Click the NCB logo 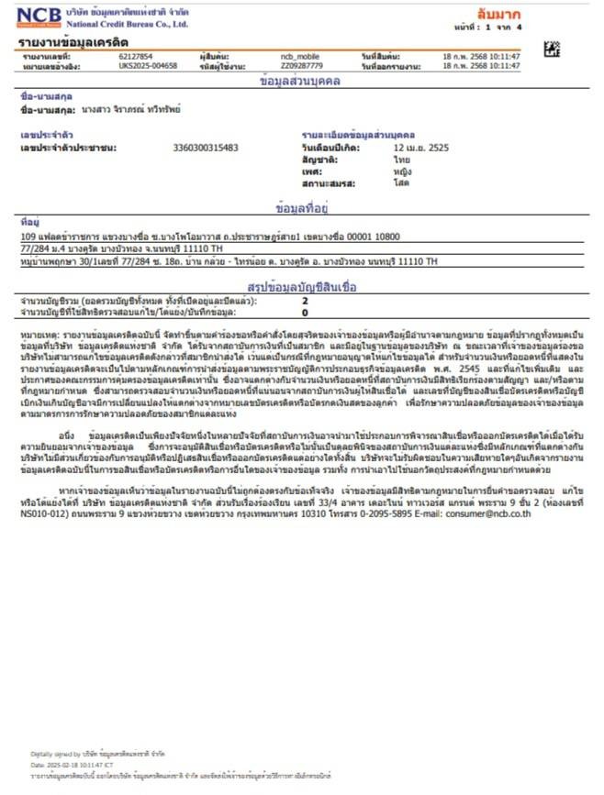39,17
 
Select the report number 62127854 135,57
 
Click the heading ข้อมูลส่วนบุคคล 301,82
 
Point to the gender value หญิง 402,171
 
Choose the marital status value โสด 400,183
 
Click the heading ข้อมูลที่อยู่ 301,207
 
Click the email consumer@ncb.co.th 495,513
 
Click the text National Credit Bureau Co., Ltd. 128,25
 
